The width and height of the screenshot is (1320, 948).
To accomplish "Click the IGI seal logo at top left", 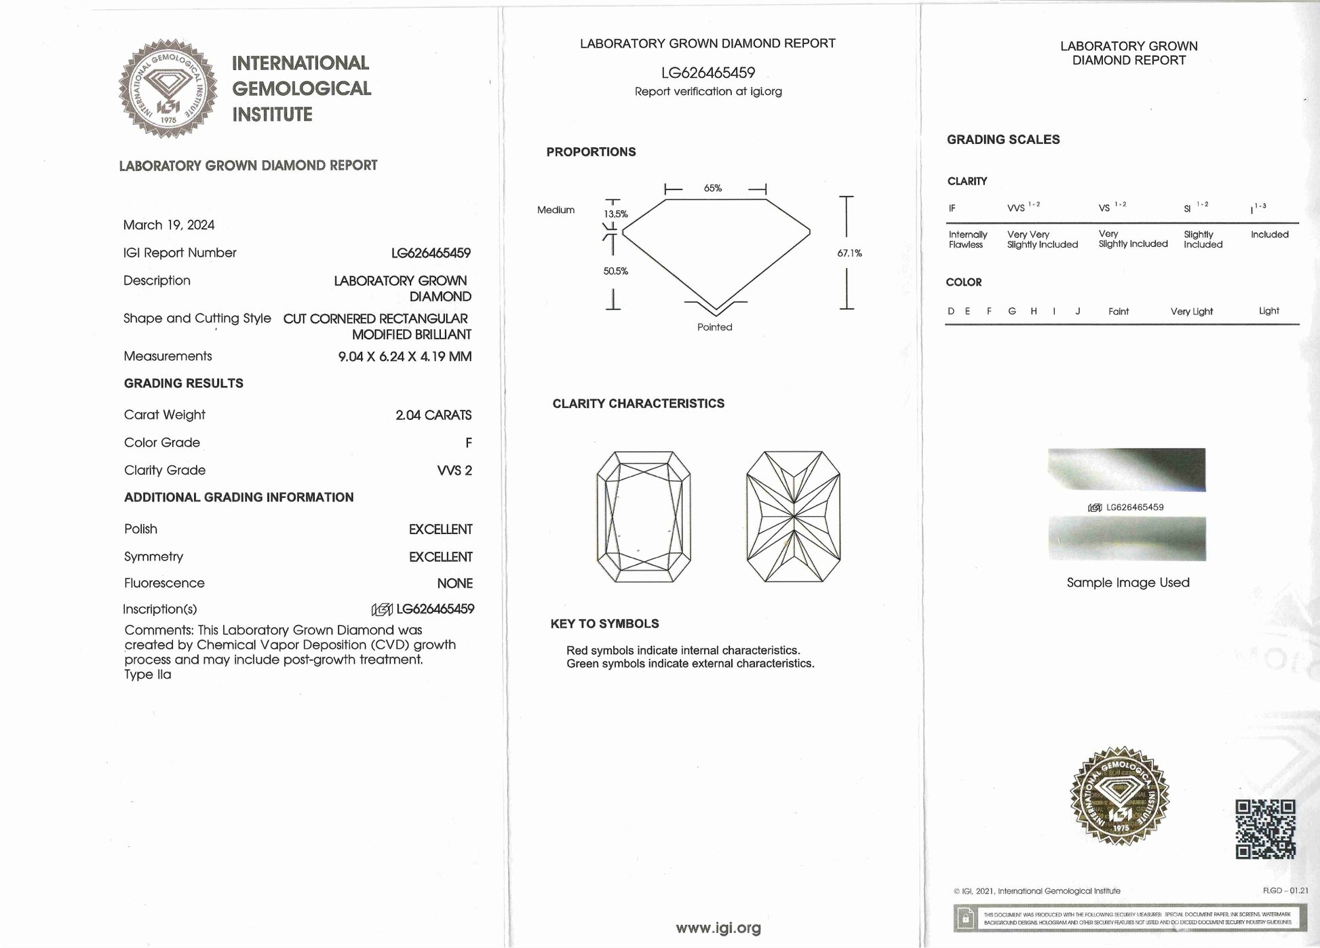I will pyautogui.click(x=168, y=88).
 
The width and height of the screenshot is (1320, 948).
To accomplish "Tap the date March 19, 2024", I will pyautogui.click(x=169, y=225).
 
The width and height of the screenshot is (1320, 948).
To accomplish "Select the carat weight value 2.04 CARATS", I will pyautogui.click(x=433, y=415).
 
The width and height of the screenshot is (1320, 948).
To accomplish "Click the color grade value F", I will pyautogui.click(x=468, y=443).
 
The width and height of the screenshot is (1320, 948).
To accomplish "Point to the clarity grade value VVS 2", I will pyautogui.click(x=454, y=470).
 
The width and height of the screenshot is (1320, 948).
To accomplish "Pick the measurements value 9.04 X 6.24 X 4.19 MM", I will pyautogui.click(x=405, y=357).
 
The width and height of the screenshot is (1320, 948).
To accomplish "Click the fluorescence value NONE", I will pyautogui.click(x=454, y=584).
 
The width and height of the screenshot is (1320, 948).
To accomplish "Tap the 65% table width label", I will pyautogui.click(x=713, y=189).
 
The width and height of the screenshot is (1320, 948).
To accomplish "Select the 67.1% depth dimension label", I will pyautogui.click(x=849, y=253).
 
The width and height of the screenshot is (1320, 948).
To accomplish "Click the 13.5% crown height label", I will pyautogui.click(x=616, y=214).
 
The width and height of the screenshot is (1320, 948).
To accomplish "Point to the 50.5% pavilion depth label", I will pyautogui.click(x=616, y=271).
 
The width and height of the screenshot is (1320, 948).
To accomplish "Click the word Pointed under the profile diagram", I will pyautogui.click(x=715, y=327).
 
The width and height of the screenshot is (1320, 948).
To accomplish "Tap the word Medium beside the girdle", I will pyautogui.click(x=556, y=210).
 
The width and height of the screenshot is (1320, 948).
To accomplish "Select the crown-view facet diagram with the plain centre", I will pyautogui.click(x=644, y=516).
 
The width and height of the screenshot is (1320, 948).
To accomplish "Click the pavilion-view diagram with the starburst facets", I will pyautogui.click(x=793, y=516).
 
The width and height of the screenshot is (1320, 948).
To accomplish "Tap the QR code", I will pyautogui.click(x=1265, y=829).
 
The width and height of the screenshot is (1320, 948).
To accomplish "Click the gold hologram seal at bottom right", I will pyautogui.click(x=1119, y=796).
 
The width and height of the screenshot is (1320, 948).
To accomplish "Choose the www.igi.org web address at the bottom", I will pyautogui.click(x=718, y=928).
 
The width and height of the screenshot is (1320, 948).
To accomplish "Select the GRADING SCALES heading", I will pyautogui.click(x=1003, y=140).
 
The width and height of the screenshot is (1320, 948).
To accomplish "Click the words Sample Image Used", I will pyautogui.click(x=1128, y=583).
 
